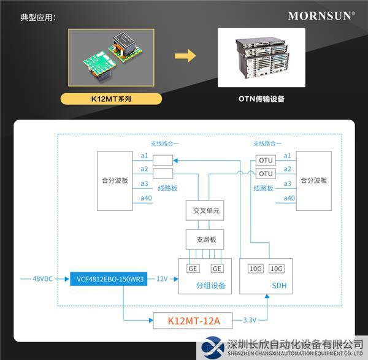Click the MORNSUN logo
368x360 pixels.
[x=321, y=16]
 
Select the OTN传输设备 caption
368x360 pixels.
[x=261, y=98]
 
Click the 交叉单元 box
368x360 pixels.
[x=205, y=211]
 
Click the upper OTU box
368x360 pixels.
[x=266, y=160]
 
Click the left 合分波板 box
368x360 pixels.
[x=115, y=181]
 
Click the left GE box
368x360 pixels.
[x=193, y=269]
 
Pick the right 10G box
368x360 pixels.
[x=277, y=269]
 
